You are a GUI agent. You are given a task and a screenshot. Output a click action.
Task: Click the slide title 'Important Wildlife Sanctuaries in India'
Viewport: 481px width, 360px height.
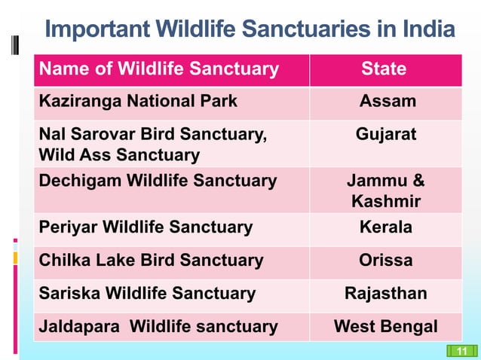(250, 31)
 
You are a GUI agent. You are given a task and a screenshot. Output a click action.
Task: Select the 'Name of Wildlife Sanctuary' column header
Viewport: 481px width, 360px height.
(159, 69)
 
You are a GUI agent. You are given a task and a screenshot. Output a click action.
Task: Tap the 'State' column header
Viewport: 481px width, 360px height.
(384, 69)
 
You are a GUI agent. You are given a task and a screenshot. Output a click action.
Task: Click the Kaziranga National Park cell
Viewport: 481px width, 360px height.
(138, 101)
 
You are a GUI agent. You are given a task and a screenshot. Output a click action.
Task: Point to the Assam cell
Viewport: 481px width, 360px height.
(388, 101)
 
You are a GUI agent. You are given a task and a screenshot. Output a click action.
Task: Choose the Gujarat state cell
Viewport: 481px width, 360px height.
(386, 135)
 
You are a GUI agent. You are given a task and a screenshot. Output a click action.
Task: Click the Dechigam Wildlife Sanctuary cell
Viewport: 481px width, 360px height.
(158, 181)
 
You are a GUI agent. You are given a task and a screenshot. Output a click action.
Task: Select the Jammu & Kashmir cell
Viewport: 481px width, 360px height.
(386, 191)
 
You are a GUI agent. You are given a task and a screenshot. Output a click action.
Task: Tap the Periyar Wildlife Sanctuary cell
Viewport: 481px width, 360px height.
(146, 227)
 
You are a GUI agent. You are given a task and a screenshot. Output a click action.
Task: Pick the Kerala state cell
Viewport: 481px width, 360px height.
(386, 227)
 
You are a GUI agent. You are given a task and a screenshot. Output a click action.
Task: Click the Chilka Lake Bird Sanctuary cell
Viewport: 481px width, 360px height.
(151, 261)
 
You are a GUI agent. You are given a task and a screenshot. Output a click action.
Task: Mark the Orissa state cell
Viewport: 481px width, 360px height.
(386, 261)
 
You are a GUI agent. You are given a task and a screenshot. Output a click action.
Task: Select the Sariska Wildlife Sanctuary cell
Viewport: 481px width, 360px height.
(147, 294)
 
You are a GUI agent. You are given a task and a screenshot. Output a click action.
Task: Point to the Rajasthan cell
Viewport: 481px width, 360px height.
(386, 294)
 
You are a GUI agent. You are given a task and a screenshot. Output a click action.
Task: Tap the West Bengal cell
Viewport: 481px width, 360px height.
(386, 327)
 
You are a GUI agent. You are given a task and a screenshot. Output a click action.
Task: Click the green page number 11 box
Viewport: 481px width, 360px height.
(462, 350)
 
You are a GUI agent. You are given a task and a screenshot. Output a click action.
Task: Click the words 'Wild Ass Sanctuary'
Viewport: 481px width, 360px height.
(119, 156)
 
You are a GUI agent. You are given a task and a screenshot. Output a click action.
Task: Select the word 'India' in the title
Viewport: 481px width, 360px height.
(428, 31)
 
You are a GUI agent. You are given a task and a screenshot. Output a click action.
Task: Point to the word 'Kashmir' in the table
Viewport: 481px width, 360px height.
(386, 202)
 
